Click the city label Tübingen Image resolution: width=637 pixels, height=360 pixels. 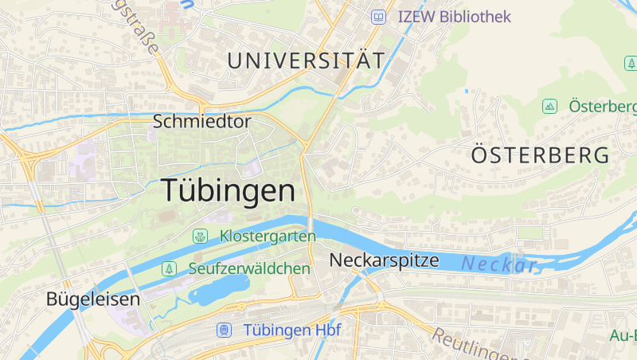(x=228, y=190)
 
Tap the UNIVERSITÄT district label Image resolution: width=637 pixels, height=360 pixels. (x=306, y=60)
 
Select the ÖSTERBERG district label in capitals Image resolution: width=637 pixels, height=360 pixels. (x=540, y=155)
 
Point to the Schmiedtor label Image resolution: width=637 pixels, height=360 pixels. (x=201, y=122)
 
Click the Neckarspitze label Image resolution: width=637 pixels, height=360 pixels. (x=384, y=260)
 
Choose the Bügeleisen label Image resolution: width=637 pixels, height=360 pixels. (x=93, y=299)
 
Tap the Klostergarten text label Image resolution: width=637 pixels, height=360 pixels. (x=268, y=237)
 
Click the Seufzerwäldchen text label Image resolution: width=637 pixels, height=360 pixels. (x=249, y=269)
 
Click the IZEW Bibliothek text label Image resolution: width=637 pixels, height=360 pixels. (x=454, y=16)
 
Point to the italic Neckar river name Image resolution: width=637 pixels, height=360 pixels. (x=498, y=264)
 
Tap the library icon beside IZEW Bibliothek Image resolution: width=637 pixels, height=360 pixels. (x=379, y=16)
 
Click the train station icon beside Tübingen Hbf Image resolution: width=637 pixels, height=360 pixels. (x=225, y=330)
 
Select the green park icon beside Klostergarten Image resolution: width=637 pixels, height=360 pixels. (x=200, y=237)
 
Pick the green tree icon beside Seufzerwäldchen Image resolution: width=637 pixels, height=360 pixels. (x=169, y=269)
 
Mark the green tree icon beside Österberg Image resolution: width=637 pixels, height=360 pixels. (x=549, y=106)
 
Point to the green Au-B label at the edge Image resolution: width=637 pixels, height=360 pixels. (x=623, y=335)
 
